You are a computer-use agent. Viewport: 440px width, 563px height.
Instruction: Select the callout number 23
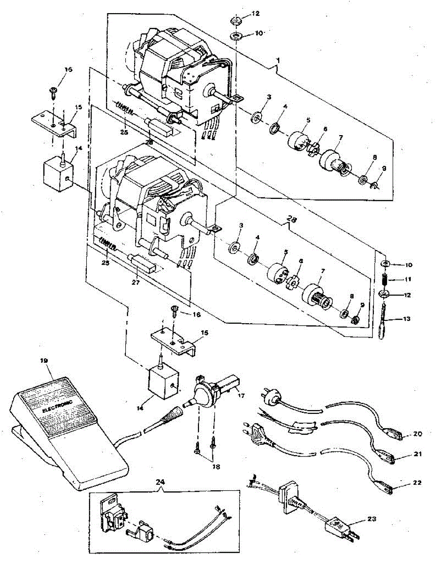pos(372,519)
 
